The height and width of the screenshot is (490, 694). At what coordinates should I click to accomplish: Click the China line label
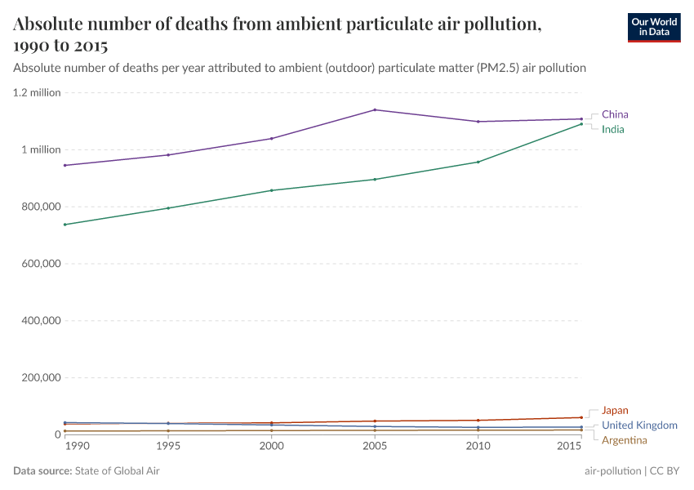615,114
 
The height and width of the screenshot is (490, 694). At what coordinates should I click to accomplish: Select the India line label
613,129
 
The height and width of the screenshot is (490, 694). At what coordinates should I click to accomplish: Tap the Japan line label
615,411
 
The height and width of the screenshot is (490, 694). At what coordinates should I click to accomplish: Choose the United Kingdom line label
639,425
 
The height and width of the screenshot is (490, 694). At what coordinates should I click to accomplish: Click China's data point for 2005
375,109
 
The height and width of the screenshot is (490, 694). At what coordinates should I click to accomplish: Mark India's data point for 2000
271,190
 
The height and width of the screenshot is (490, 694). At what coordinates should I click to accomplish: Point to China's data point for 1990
65,165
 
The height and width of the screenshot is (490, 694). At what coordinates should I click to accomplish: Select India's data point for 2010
478,162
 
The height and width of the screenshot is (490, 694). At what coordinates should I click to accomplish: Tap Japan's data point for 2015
581,417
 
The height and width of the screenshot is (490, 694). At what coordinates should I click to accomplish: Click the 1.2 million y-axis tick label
37,92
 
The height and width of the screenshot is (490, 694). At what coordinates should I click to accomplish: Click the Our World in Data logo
653,27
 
